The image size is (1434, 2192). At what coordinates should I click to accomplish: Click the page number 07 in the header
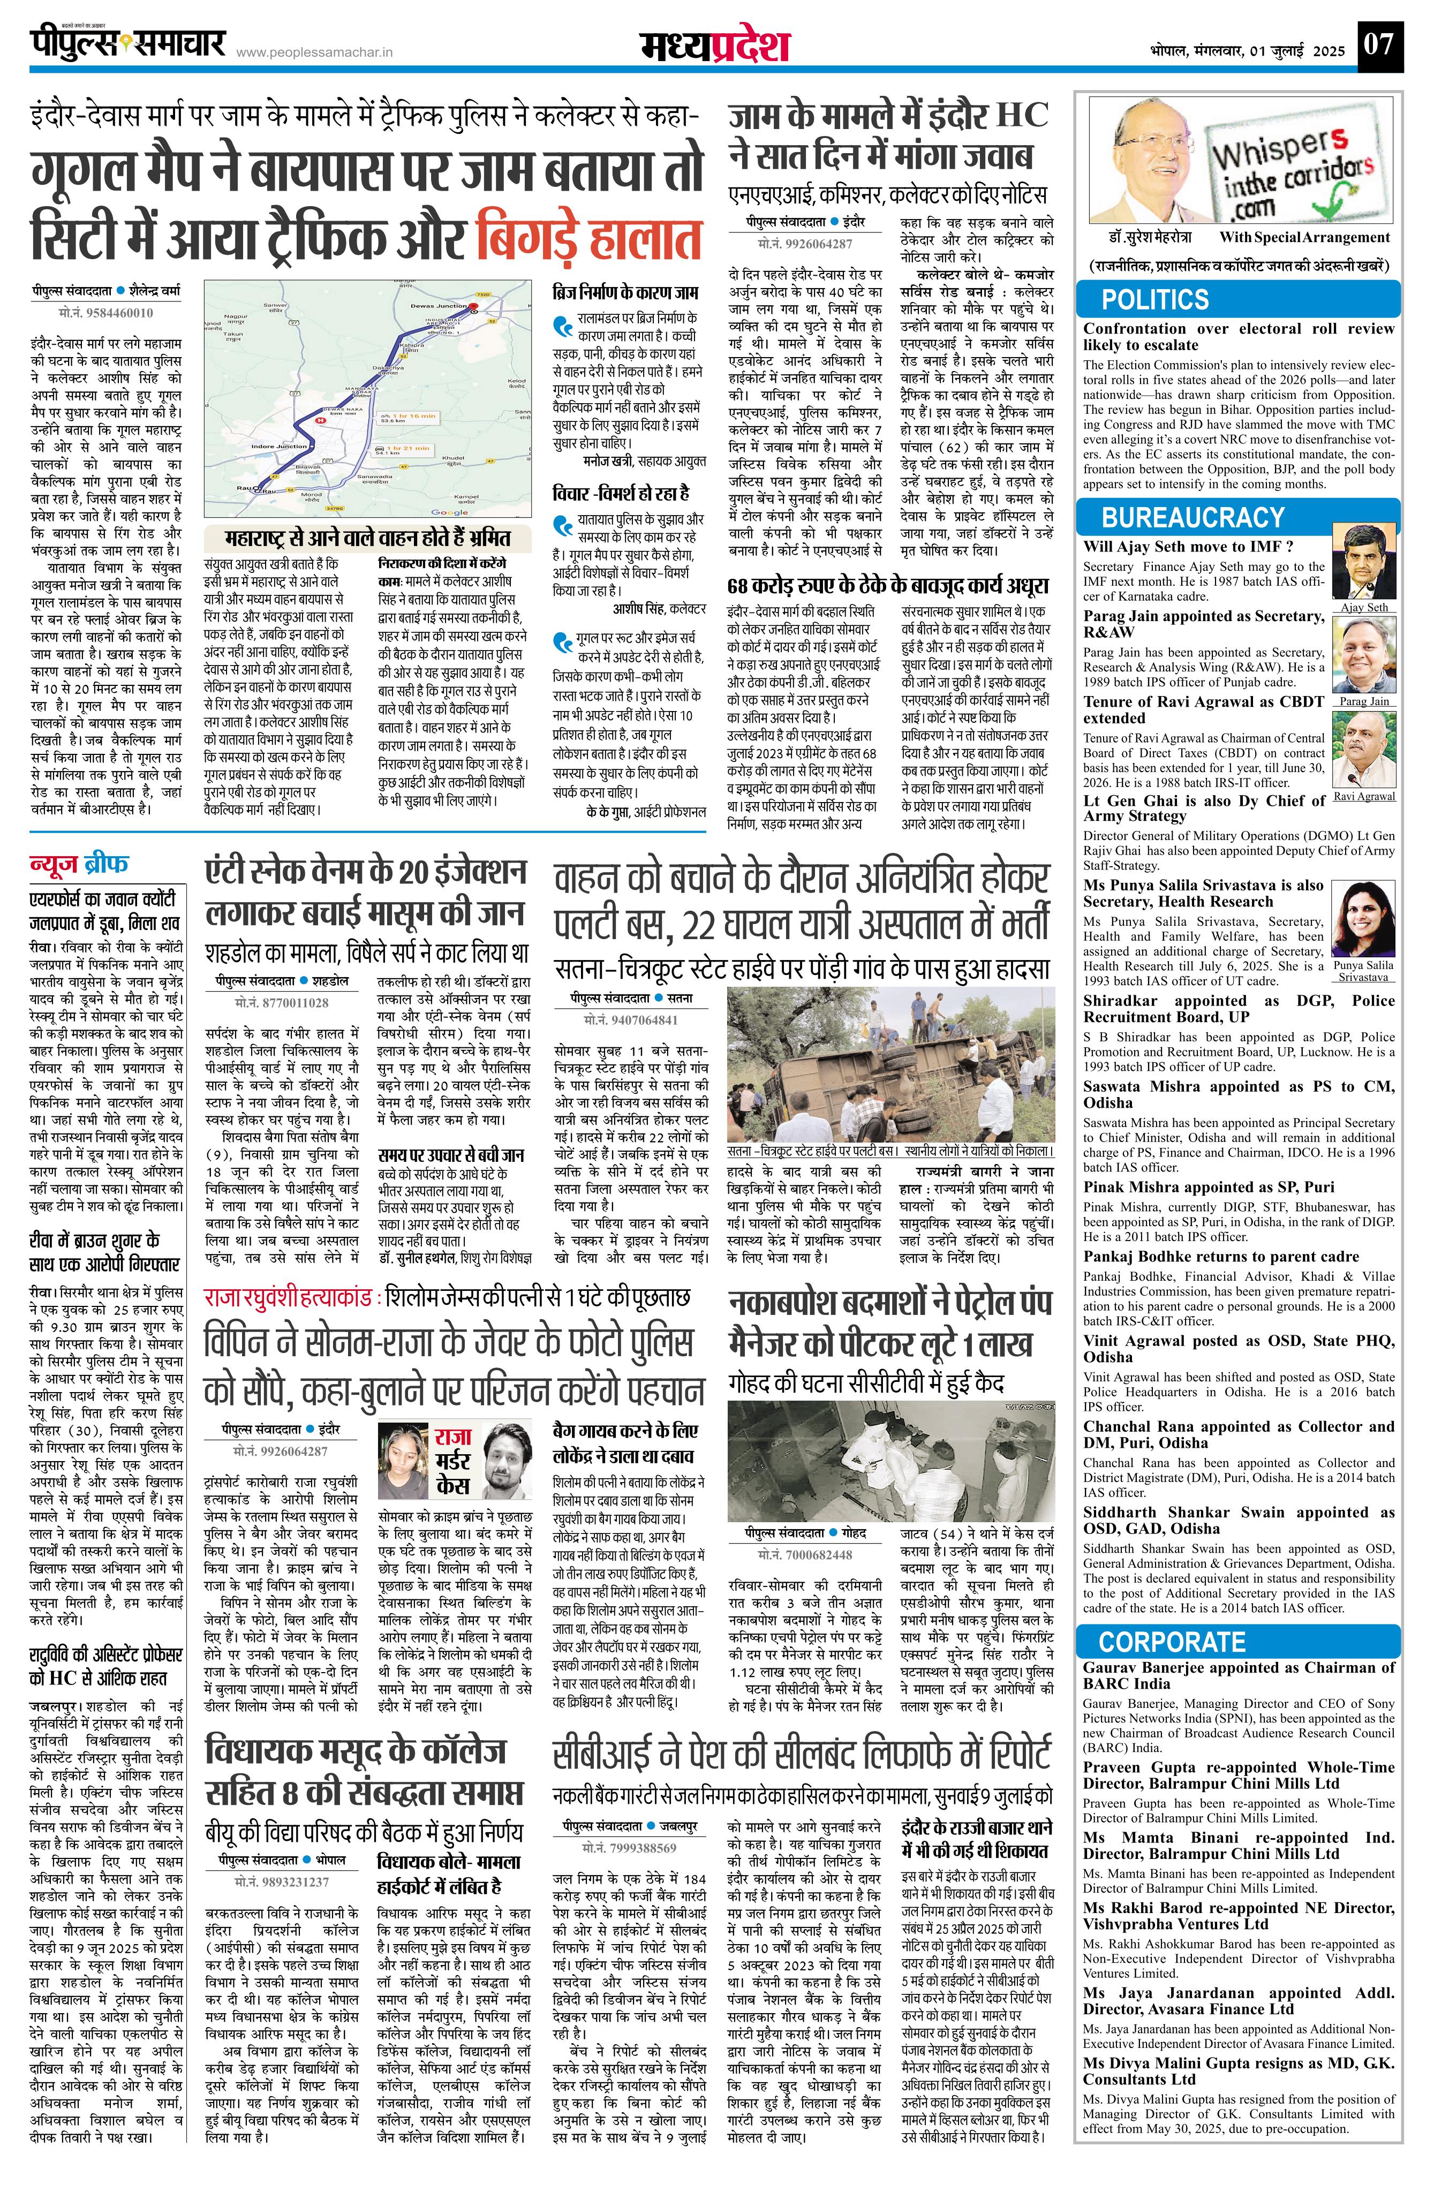[x=1379, y=43]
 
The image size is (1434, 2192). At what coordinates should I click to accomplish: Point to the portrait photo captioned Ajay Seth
[x=1364, y=563]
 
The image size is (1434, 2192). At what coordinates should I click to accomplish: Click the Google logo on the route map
[x=449, y=512]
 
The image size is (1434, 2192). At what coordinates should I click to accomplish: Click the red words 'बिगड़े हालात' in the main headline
[x=590, y=239]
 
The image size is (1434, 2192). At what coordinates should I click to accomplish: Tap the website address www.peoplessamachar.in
[x=314, y=52]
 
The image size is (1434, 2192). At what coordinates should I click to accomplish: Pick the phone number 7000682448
[x=804, y=1555]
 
